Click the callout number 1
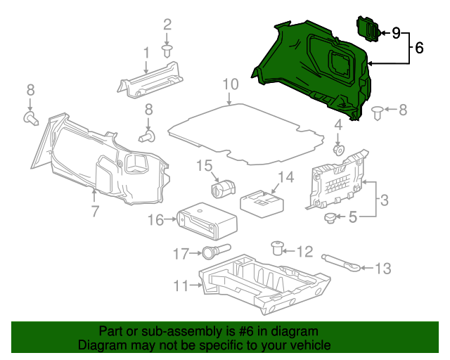click(146, 53)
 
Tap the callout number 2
click(167, 25)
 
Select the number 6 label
click(419, 49)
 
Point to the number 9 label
click(396, 32)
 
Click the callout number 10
click(231, 85)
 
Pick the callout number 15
click(204, 166)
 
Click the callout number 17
click(181, 252)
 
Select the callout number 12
click(304, 251)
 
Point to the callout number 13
click(382, 268)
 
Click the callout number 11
click(181, 285)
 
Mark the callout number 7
click(94, 211)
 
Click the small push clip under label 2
click(167, 51)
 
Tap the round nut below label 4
click(337, 150)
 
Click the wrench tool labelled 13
click(345, 262)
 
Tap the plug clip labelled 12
click(277, 247)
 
